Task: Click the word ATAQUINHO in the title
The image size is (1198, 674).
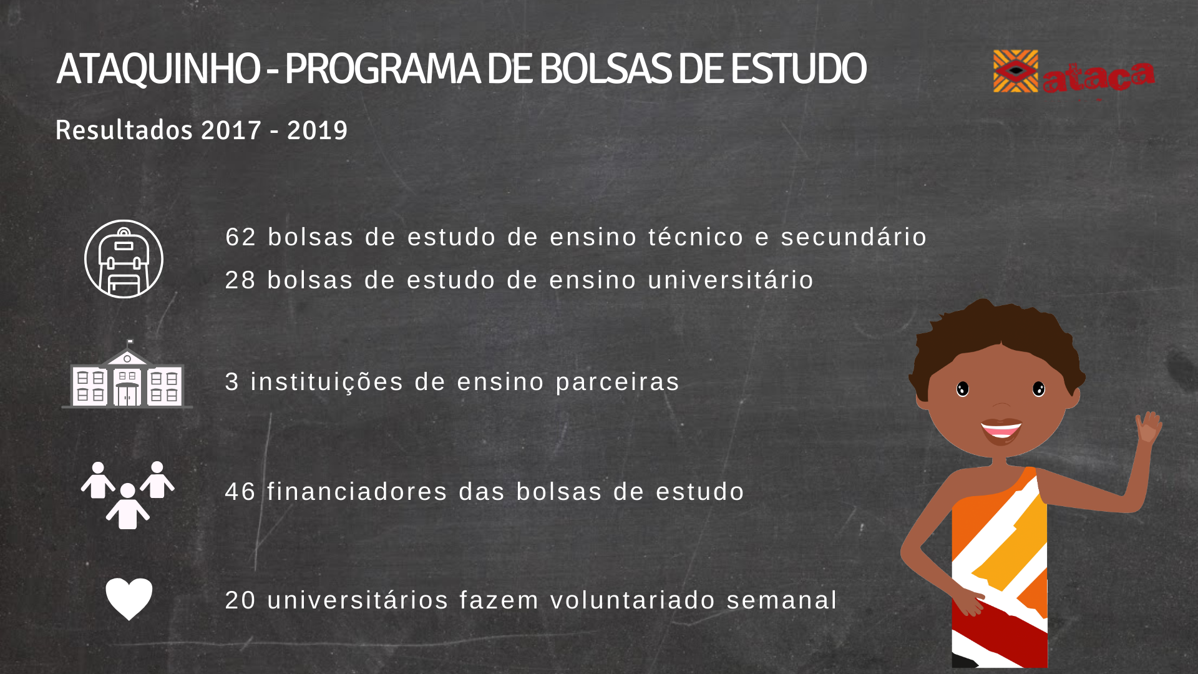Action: (158, 69)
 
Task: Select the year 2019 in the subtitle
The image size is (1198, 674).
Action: (317, 130)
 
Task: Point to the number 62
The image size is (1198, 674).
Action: (241, 237)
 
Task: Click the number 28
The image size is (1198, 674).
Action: (241, 280)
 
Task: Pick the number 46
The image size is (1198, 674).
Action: (241, 492)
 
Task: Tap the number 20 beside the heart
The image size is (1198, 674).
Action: (241, 600)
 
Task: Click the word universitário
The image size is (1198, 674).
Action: (731, 280)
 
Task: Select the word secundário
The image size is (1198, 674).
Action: (854, 237)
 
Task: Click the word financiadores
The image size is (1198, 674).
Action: (358, 491)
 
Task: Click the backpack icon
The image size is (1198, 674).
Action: (124, 259)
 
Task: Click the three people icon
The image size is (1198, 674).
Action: (128, 496)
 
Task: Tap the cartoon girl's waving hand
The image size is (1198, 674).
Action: (1147, 427)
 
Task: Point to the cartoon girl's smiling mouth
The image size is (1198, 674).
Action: (1001, 430)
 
